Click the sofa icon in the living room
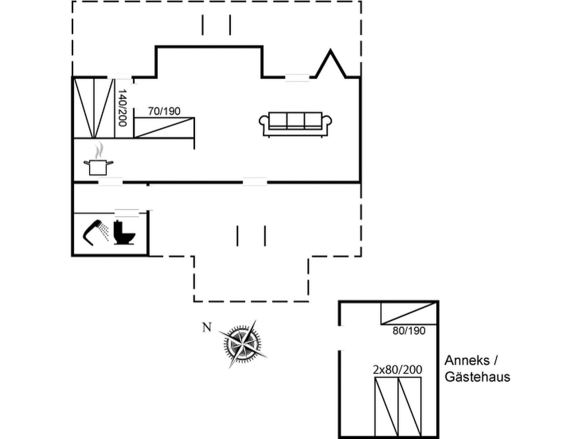coord(295,124)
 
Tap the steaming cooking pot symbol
coord(98,160)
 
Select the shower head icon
coord(95,232)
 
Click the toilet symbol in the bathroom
coord(125,232)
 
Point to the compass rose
coord(243,344)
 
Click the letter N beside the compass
coord(207,327)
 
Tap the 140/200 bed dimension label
coord(122,108)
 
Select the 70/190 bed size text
coord(164,111)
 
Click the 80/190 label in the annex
coord(409,331)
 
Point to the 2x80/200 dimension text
coord(397,370)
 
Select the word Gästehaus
coord(477,377)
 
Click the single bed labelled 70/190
coord(164,127)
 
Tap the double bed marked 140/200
coord(94,108)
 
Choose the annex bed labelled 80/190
coord(408,313)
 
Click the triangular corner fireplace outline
coord(330,64)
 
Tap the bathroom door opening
coord(127,213)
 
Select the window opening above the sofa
coord(297,78)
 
